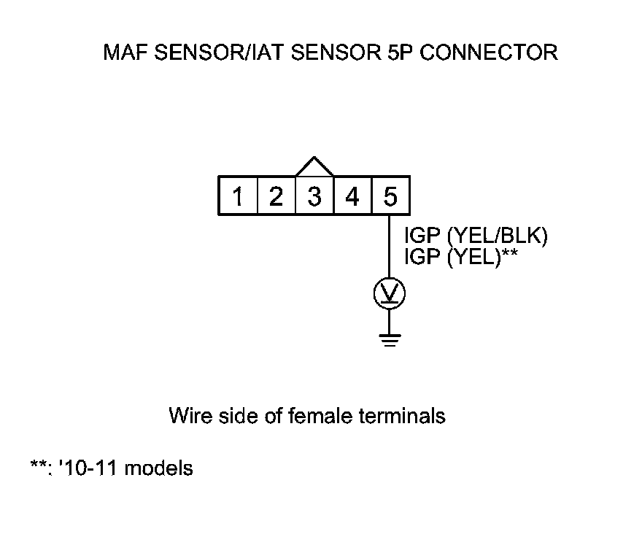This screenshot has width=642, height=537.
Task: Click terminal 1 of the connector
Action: tap(238, 196)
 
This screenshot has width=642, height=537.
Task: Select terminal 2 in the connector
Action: tap(276, 196)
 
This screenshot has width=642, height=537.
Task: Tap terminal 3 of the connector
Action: tap(314, 196)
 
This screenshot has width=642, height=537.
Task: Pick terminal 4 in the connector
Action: tap(352, 196)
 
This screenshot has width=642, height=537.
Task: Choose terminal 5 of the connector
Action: tap(390, 196)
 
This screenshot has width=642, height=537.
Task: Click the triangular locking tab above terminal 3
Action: tap(314, 167)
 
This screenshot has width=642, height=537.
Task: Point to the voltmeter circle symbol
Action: tap(390, 293)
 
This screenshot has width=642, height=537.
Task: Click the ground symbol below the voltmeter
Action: tap(390, 339)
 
